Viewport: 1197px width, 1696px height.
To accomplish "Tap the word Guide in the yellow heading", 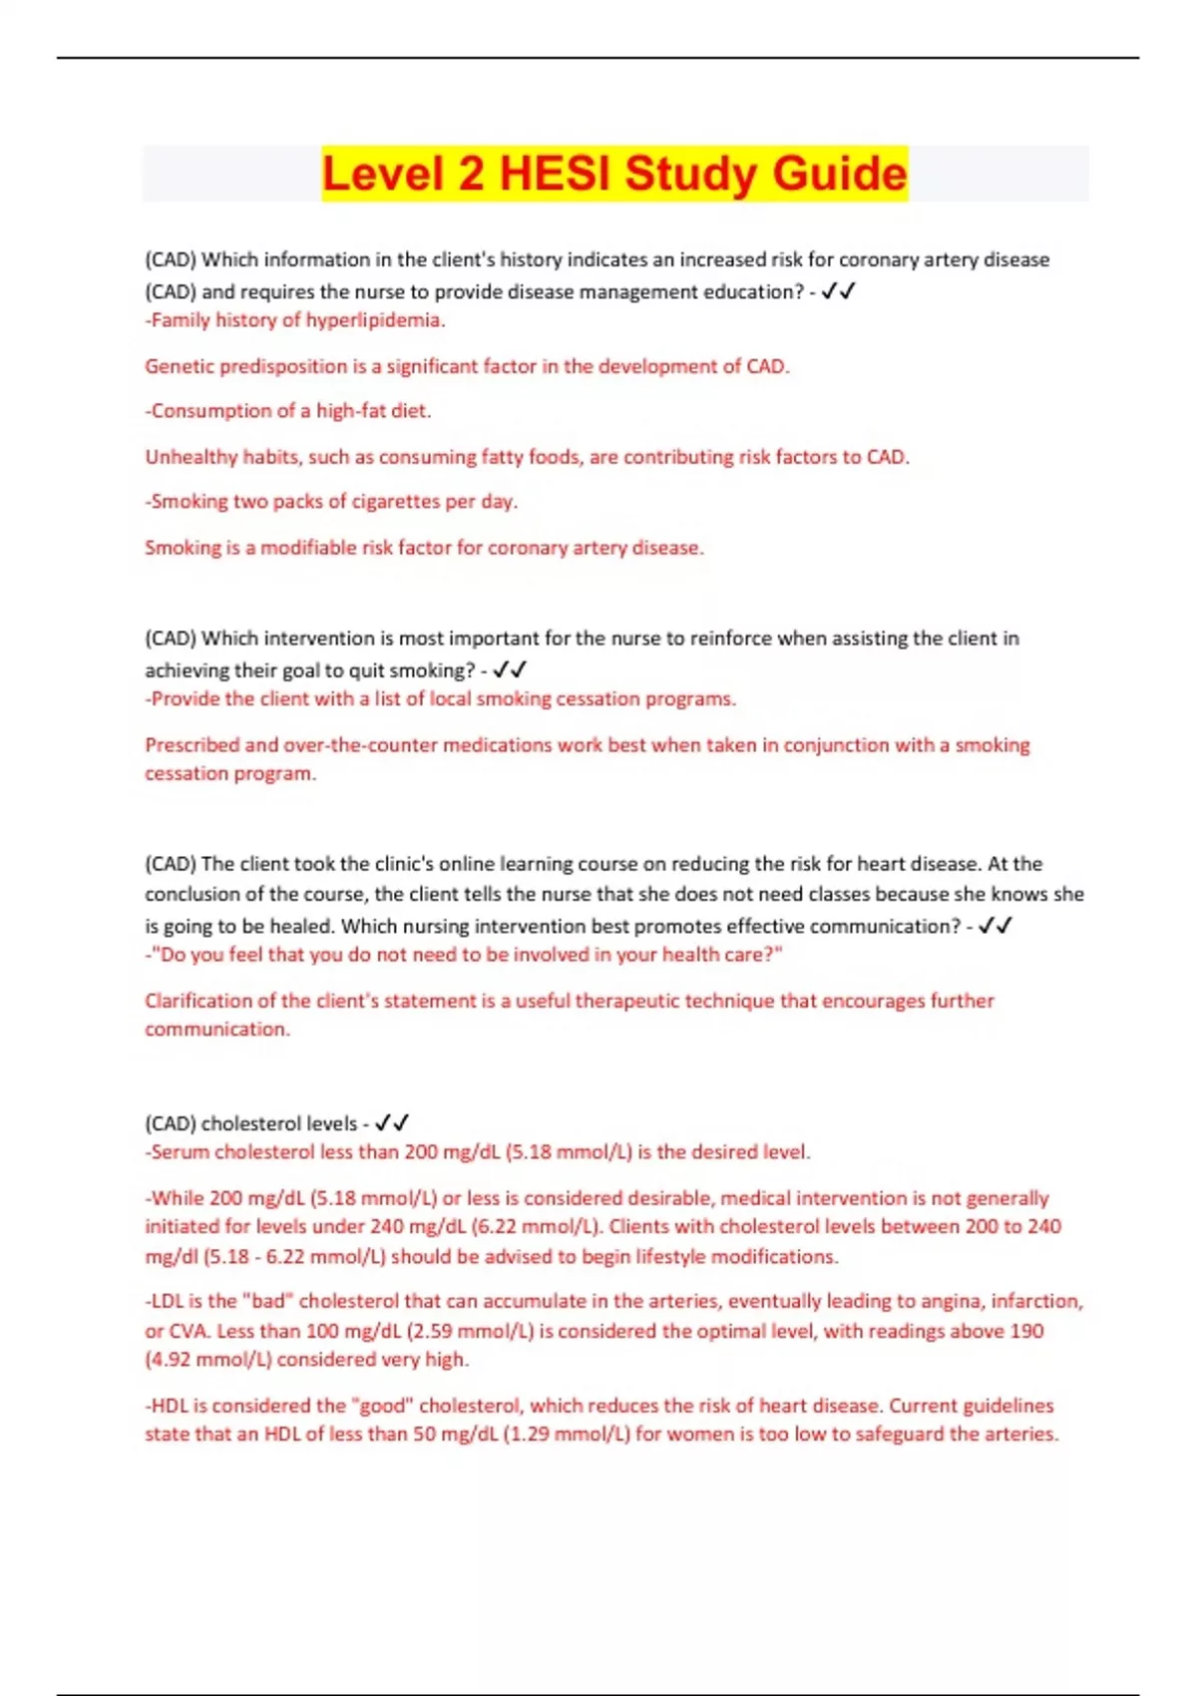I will pos(839,174).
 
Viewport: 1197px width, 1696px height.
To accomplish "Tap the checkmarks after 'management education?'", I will pos(839,291).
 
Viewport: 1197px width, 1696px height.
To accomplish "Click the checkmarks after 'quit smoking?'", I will pos(510,670).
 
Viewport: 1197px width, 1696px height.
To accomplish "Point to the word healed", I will pos(299,926).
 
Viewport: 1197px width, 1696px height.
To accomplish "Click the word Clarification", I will pos(199,1001).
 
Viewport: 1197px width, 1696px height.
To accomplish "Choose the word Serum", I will pos(181,1152).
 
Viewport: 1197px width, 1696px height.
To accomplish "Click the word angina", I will pos(928,1302).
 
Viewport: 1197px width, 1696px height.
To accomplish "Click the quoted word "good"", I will pos(382,1406).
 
